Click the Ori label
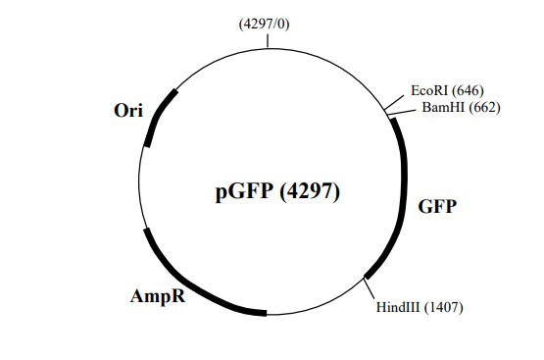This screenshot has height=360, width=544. tap(128, 111)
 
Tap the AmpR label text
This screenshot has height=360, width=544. tap(159, 295)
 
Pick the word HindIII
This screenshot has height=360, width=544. tap(398, 307)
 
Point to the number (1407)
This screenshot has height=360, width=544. tap(442, 307)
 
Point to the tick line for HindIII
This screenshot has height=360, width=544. tap(371, 288)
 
